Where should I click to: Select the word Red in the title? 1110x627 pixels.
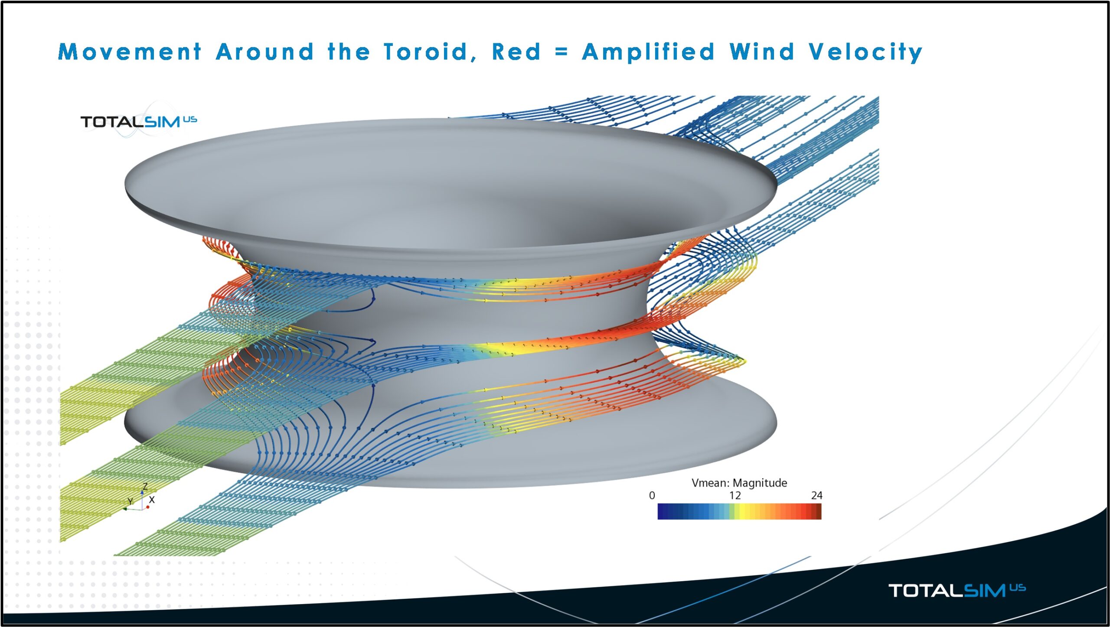click(516, 52)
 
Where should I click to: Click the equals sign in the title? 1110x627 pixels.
click(561, 52)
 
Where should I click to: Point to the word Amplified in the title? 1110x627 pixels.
click(648, 53)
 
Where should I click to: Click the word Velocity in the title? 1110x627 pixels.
click(865, 53)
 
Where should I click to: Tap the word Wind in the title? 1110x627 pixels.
click(762, 52)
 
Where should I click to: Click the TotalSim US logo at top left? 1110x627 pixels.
click(138, 121)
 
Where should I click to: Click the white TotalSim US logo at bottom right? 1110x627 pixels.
click(956, 590)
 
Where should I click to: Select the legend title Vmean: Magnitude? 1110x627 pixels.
click(739, 483)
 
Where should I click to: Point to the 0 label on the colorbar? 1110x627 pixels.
click(652, 496)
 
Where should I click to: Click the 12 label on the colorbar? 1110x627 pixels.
click(735, 496)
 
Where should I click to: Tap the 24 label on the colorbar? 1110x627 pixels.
click(816, 496)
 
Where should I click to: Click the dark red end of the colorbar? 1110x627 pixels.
click(817, 511)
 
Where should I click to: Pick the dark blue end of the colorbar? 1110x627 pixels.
click(662, 511)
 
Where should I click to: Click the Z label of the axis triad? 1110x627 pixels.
click(145, 487)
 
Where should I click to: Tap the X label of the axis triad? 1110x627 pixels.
click(152, 500)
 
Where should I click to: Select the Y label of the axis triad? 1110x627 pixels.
click(130, 501)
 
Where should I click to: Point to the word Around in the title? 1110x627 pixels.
click(264, 52)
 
